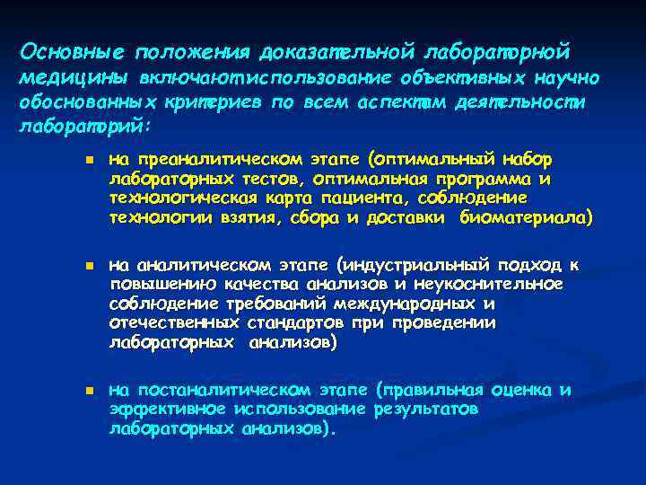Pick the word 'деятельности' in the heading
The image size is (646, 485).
click(x=523, y=101)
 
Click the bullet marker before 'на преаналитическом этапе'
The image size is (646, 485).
click(x=79, y=161)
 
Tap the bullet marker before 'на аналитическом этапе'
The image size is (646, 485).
click(x=79, y=267)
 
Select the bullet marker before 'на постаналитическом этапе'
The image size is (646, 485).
click(x=79, y=391)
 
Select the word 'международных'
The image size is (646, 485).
click(x=420, y=304)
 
